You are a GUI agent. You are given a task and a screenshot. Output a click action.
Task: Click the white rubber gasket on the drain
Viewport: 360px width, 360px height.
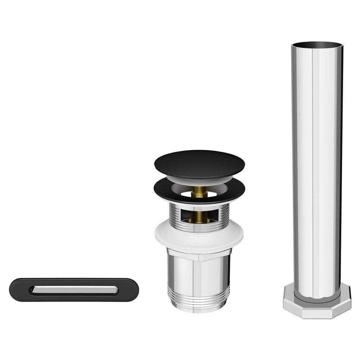199,238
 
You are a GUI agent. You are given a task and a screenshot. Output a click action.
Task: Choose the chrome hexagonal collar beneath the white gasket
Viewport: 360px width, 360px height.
199,256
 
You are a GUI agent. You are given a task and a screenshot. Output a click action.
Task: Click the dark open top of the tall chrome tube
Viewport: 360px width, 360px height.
316,46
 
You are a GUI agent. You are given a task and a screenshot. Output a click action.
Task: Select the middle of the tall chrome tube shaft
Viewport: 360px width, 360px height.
317,169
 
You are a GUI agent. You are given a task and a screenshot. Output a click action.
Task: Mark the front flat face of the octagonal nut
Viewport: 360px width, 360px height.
317,310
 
